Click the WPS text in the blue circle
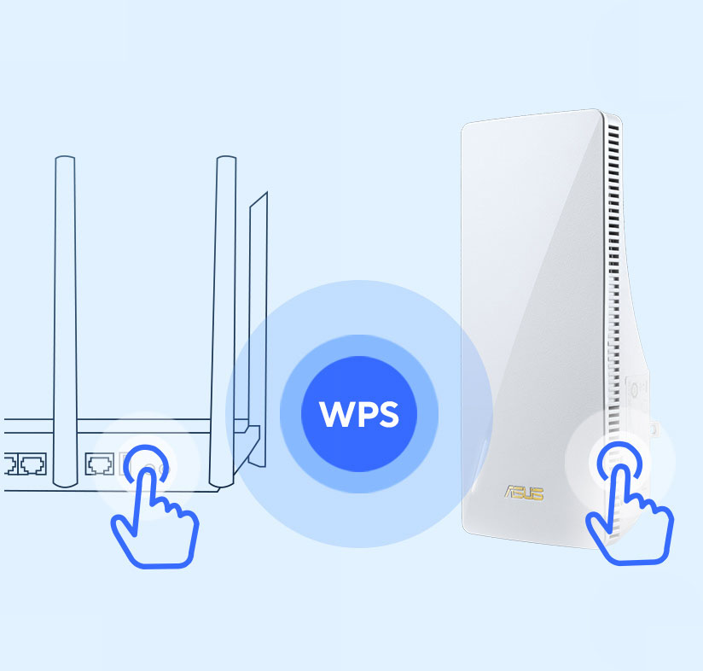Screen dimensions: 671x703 click(x=358, y=414)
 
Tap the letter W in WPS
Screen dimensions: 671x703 click(x=334, y=414)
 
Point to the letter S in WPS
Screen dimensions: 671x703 click(x=386, y=414)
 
